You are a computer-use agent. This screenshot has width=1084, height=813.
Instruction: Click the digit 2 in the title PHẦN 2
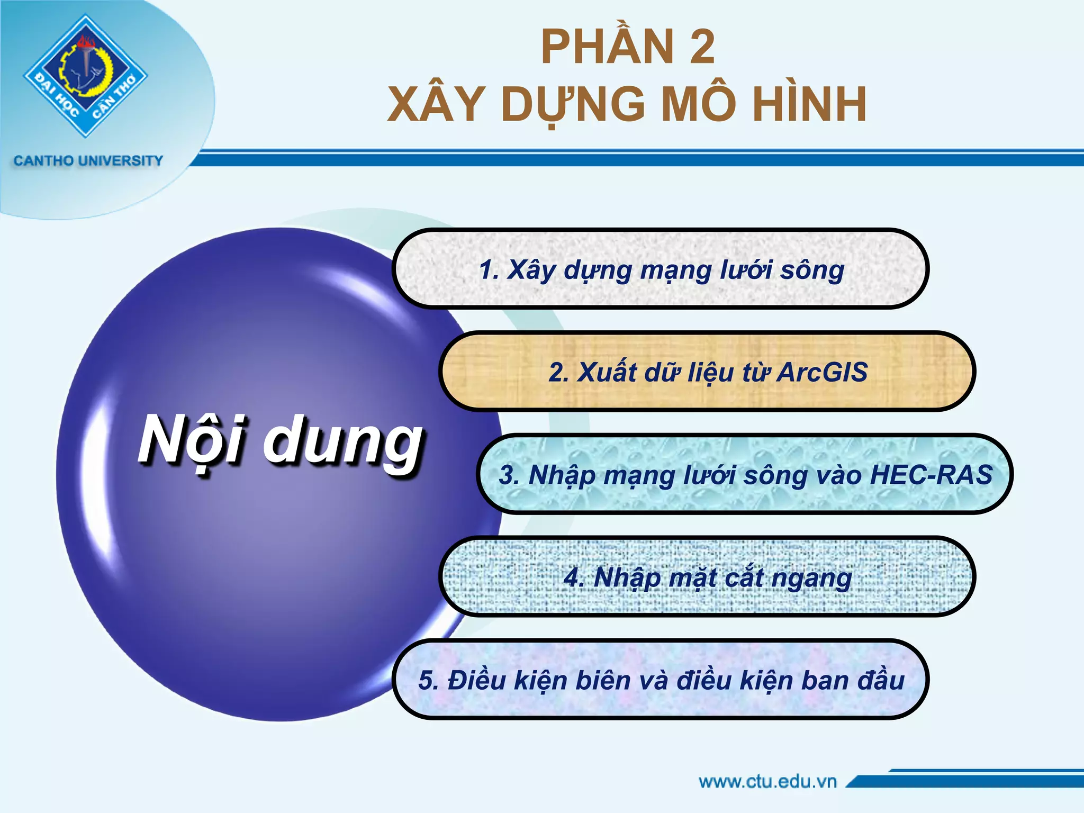[x=702, y=48]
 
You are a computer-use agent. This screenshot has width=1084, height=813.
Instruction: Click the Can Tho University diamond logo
[x=85, y=76]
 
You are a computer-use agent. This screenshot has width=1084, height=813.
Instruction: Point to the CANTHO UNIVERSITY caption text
[x=88, y=160]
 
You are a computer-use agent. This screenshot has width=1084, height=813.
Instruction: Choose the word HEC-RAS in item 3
[x=931, y=474]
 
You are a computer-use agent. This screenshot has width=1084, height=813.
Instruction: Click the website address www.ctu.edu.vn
[x=767, y=781]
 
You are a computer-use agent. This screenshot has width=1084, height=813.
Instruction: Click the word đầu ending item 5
[x=881, y=680]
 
